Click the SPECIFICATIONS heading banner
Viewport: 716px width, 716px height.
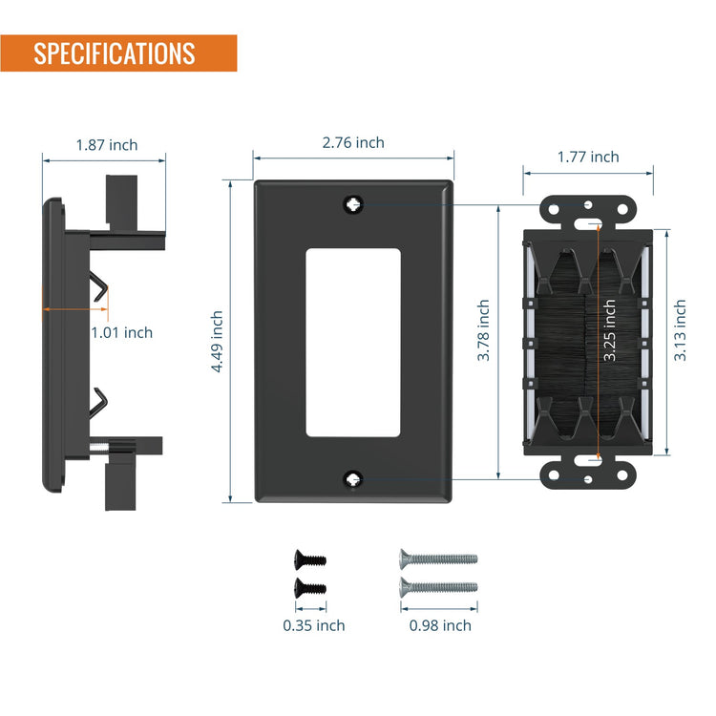pos(118,53)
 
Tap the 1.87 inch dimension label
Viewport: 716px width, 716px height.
pos(107,145)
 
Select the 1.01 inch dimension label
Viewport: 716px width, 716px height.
pos(122,332)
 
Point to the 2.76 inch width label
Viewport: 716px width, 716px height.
pos(353,142)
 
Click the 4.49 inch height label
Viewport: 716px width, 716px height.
pos(217,342)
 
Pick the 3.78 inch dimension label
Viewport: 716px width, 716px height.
pos(483,330)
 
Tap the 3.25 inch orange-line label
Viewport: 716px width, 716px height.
pos(610,330)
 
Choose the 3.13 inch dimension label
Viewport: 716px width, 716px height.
pos(680,330)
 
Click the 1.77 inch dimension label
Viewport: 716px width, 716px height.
pos(588,158)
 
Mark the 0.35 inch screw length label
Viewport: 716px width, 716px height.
pos(314,625)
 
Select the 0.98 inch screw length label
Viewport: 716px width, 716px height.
pos(440,625)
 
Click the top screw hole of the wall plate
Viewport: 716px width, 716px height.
pos(353,204)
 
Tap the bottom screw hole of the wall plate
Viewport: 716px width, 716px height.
pos(353,479)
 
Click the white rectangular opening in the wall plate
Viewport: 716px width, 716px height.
pos(353,343)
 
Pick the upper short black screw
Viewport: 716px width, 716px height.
pos(310,558)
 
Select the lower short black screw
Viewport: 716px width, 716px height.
pos(310,588)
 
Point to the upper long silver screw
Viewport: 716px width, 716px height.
pos(439,558)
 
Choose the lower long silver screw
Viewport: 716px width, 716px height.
pos(439,587)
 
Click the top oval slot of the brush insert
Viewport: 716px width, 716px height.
pos(588,223)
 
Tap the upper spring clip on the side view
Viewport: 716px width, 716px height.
pos(99,285)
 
